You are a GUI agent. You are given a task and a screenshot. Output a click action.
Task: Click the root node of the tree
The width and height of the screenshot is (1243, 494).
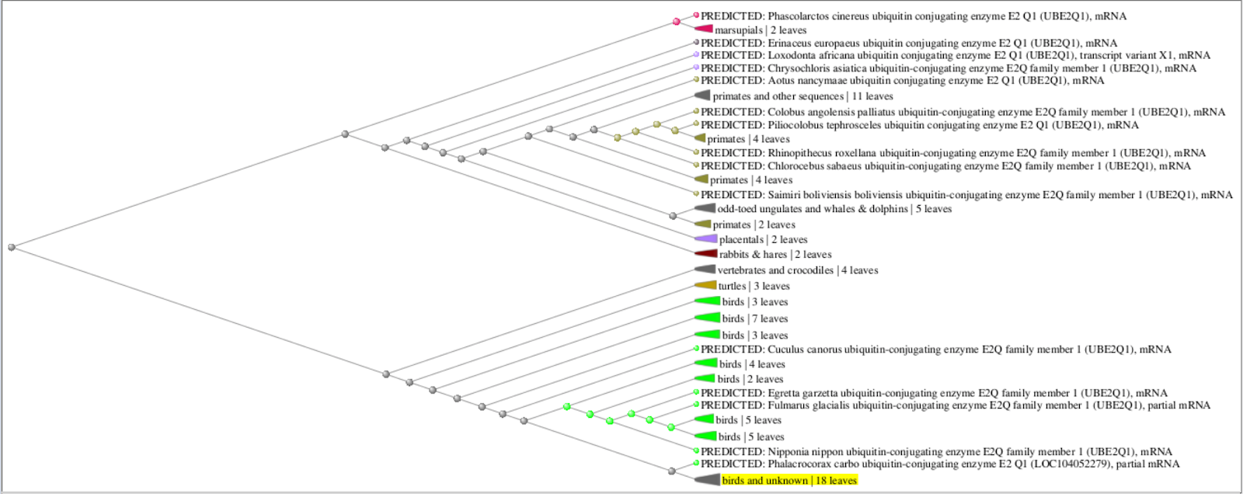pyautogui.click(x=12, y=247)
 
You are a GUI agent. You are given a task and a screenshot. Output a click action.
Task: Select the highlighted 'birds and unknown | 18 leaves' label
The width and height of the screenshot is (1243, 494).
pyautogui.click(x=789, y=480)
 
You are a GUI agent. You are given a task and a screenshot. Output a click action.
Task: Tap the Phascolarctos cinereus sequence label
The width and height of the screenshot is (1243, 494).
pyautogui.click(x=914, y=16)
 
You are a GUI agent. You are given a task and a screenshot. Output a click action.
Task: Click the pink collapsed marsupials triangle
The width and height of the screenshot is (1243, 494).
pyautogui.click(x=704, y=28)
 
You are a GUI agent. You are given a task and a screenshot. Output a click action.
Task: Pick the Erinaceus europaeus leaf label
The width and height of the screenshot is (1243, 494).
pyautogui.click(x=909, y=43)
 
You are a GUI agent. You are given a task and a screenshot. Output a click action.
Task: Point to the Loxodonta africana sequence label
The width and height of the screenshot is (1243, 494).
pyautogui.click(x=955, y=55)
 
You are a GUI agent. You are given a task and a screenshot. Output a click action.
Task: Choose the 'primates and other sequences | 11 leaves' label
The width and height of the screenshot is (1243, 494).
pyautogui.click(x=803, y=96)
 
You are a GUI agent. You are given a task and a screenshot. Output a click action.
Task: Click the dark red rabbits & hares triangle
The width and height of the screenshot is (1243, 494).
pyautogui.click(x=706, y=254)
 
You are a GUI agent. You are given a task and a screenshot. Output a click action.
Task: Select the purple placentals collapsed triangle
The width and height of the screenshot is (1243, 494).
pyautogui.click(x=706, y=238)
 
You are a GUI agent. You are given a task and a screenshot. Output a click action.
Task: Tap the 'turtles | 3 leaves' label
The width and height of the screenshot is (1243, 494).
pyautogui.click(x=754, y=286)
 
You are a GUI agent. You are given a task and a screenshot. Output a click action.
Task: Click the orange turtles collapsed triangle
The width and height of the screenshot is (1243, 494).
pyautogui.click(x=706, y=285)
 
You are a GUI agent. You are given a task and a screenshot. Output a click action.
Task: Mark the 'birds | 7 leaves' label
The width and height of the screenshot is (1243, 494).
pyautogui.click(x=754, y=318)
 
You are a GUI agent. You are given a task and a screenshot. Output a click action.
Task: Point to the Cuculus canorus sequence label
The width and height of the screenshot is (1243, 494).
pyautogui.click(x=935, y=349)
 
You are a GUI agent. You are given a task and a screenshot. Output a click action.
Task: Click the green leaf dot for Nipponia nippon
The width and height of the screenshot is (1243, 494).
pyautogui.click(x=696, y=451)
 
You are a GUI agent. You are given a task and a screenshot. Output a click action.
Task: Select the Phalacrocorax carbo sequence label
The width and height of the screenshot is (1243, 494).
pyautogui.click(x=940, y=464)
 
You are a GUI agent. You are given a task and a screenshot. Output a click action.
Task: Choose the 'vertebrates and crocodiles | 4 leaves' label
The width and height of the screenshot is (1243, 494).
pyautogui.click(x=797, y=270)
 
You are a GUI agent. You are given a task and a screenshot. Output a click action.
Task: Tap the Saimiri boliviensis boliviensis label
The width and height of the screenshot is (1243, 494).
pyautogui.click(x=966, y=195)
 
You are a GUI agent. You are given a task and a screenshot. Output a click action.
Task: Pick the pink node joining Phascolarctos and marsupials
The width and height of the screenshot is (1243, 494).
pyautogui.click(x=676, y=22)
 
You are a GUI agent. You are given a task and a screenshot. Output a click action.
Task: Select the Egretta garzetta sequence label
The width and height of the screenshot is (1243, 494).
pyautogui.click(x=934, y=393)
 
